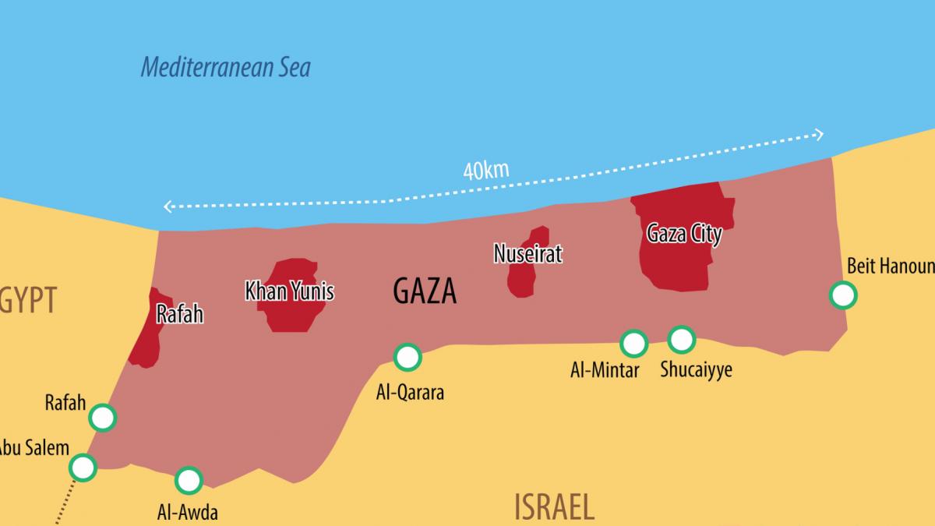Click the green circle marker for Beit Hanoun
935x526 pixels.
point(843,295)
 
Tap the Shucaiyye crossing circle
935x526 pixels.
point(681,339)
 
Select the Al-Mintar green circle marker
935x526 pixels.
point(633,343)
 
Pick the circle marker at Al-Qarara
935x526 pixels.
point(408,357)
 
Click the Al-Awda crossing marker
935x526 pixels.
point(189,480)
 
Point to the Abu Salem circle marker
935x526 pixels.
point(83,468)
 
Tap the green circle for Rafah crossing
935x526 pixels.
point(103,418)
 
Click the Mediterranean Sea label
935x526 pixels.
point(225,68)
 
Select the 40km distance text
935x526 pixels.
point(485,171)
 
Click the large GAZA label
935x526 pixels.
point(425,291)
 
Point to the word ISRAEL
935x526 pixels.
point(554,507)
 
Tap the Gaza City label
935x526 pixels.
point(684,234)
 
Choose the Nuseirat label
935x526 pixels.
point(527,253)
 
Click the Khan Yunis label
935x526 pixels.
point(289,292)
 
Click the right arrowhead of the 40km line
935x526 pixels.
point(819,134)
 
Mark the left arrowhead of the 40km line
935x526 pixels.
point(167,207)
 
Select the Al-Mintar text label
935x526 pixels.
point(605,369)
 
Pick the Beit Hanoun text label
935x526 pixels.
point(890,267)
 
